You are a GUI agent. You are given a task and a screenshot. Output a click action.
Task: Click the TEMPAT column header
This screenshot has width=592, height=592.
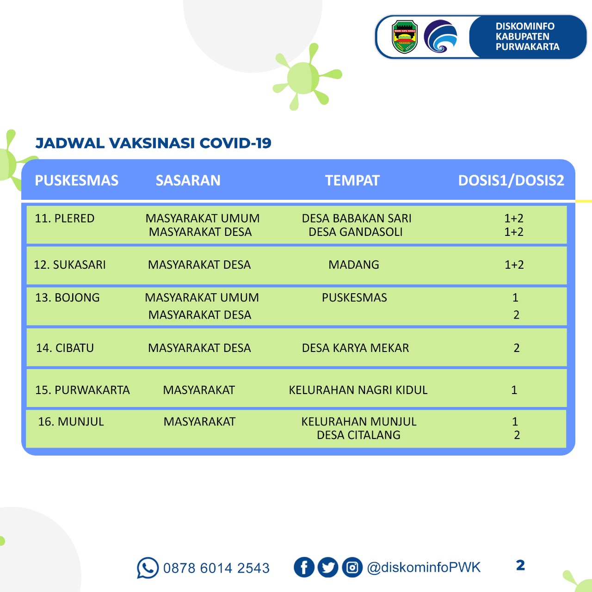pos(352,180)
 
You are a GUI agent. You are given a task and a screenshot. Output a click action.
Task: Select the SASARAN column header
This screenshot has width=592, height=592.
pos(188,180)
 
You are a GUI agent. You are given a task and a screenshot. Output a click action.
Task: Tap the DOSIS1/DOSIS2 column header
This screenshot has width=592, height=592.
pos(511,180)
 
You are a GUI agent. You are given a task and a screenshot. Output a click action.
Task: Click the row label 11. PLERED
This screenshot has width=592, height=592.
pos(65,218)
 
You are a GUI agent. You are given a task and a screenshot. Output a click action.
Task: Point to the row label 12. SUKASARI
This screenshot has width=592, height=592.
pos(70,265)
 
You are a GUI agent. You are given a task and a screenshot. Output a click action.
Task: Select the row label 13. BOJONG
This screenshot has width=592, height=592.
pos(68,298)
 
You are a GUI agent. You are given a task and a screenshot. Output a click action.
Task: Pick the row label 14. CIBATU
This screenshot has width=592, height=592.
pos(65,348)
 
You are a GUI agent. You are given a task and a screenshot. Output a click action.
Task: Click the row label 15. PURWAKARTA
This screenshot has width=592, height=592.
pos(82,390)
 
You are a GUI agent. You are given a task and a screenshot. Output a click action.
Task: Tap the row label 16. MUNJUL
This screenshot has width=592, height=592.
pos(71,422)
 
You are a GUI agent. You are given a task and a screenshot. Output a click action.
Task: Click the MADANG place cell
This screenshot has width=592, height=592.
pos(354,265)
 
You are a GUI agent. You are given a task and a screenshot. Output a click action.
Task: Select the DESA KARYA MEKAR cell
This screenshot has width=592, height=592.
pos(355,348)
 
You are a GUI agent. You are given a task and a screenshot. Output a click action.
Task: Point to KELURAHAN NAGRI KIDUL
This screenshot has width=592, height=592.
pos(358,390)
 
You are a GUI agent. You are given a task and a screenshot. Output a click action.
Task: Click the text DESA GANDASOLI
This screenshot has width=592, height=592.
pos(355,232)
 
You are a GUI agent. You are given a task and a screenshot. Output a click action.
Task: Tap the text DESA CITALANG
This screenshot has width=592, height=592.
pos(358,435)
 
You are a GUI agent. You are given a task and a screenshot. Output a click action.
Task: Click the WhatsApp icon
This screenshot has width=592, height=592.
pos(148,567)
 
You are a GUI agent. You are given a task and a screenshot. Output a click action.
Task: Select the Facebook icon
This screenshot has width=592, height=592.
pos(304,567)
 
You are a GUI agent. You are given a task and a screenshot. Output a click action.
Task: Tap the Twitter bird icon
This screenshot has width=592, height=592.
pos(328,567)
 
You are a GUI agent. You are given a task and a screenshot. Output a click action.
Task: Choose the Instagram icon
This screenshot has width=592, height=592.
pos(352,567)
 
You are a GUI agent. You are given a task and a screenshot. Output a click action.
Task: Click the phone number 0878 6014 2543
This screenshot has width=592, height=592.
pos(216,568)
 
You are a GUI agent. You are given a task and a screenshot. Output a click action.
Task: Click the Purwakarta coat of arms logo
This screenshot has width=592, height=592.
pos(405,37)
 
